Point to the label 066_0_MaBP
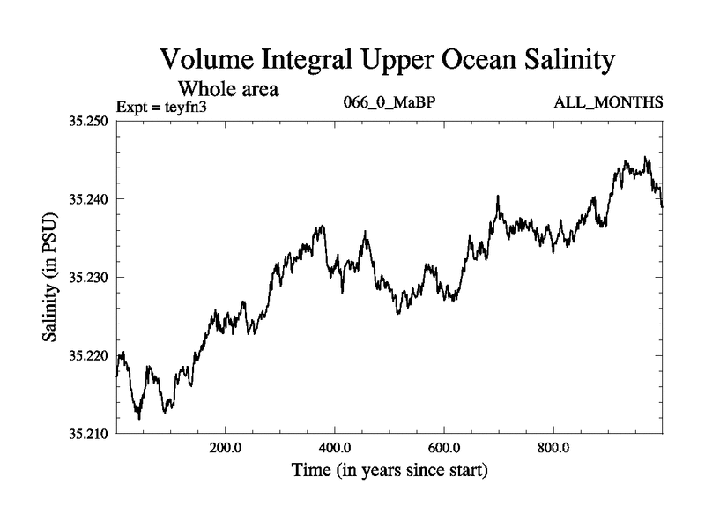tap(389, 102)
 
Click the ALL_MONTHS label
tap(607, 102)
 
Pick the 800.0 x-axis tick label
tap(553, 448)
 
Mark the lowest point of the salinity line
tap(139, 418)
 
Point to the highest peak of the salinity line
tap(646, 158)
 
